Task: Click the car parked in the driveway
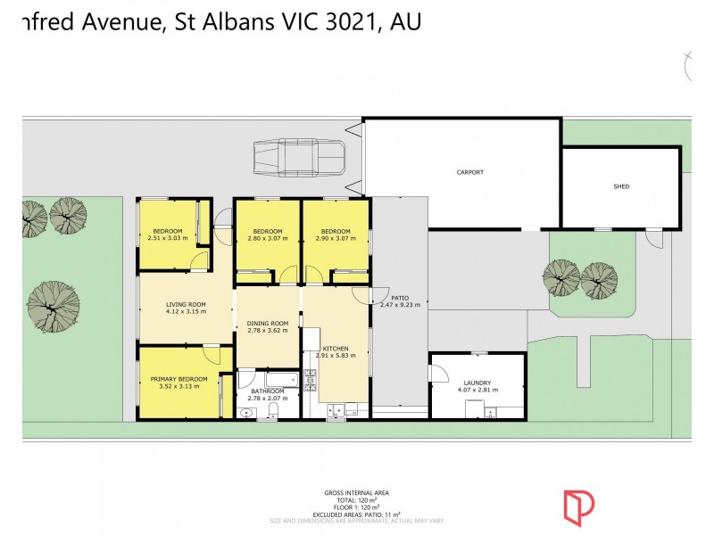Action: pyautogui.click(x=300, y=158)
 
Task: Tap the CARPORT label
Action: pyautogui.click(x=469, y=172)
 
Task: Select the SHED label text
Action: pyautogui.click(x=621, y=186)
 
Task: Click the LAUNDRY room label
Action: pyautogui.click(x=477, y=383)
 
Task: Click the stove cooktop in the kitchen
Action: pyautogui.click(x=310, y=380)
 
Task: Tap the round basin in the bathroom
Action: pyautogui.click(x=247, y=411)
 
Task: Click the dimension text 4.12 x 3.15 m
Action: pyautogui.click(x=186, y=312)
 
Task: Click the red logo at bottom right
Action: pyautogui.click(x=578, y=506)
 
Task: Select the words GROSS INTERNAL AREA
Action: pyautogui.click(x=357, y=492)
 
